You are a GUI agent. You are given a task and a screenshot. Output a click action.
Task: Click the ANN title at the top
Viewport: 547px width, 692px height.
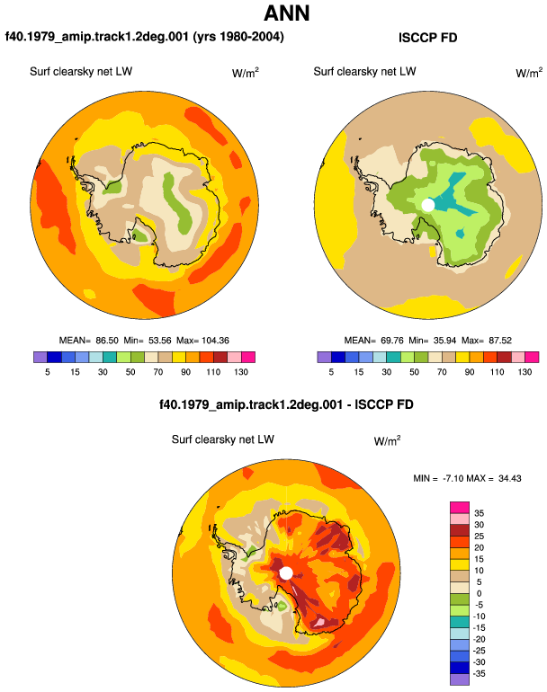[286, 13]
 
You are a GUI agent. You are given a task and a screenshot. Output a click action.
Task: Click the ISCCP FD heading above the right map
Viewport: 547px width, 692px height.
[427, 38]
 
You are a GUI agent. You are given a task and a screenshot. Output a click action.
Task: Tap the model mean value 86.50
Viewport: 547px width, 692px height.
[107, 341]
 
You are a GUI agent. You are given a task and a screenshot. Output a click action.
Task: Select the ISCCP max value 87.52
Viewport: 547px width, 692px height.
[500, 341]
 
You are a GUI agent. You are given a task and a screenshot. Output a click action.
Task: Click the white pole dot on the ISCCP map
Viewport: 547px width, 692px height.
[427, 205]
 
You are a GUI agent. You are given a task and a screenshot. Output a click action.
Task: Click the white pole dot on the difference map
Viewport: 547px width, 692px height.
[286, 573]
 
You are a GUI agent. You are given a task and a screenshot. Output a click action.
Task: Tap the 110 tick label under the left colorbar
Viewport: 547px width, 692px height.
[213, 372]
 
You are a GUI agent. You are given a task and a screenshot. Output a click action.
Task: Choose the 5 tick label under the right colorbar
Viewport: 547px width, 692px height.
[331, 372]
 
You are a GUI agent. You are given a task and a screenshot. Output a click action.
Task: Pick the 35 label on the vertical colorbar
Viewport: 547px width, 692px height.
[479, 513]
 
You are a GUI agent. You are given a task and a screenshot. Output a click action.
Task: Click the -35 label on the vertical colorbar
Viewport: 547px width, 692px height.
[479, 674]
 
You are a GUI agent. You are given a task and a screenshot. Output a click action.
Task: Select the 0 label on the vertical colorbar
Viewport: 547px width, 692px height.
[479, 593]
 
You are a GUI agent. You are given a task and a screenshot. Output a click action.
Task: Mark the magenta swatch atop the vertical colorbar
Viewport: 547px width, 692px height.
[460, 508]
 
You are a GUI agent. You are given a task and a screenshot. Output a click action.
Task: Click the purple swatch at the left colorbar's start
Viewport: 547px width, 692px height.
[40, 357]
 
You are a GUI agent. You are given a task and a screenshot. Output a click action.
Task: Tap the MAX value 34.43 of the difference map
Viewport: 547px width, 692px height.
[509, 478]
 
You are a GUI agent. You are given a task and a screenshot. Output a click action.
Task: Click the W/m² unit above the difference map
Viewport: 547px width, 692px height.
[387, 440]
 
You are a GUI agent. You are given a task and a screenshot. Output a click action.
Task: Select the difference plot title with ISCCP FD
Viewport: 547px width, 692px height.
[286, 404]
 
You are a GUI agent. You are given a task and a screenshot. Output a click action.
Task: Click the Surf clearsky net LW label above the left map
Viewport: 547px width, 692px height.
[81, 72]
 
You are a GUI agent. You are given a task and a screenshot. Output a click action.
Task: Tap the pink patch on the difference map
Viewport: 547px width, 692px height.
[319, 622]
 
